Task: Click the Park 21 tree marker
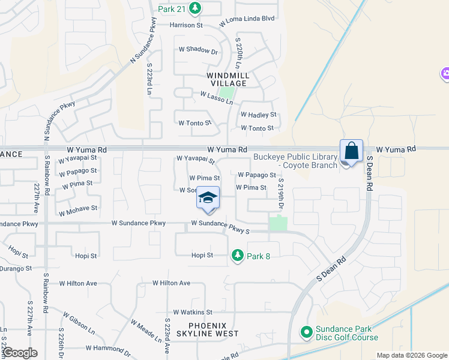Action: point(194,8)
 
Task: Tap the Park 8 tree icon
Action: point(238,256)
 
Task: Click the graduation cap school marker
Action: point(208,198)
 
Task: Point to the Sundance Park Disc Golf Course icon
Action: point(306,332)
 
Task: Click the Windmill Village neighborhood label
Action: point(228,79)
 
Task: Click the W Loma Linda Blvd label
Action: point(247,19)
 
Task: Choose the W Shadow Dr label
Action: point(198,51)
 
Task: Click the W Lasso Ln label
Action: point(217,98)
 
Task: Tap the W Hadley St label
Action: point(258,115)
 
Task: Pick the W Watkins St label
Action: point(193,312)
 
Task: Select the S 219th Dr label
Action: point(280,193)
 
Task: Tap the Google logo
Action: point(19,353)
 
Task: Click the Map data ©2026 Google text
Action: point(411,355)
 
